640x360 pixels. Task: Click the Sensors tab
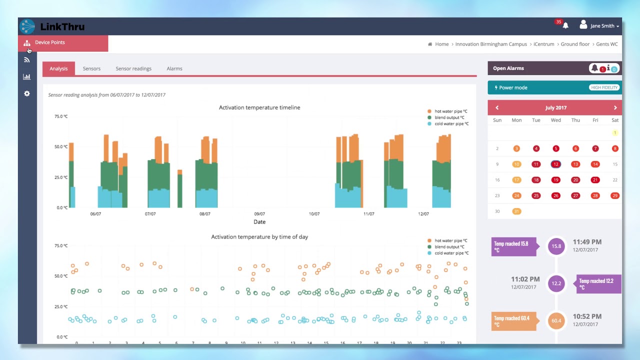point(91,68)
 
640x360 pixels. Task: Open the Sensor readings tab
point(133,68)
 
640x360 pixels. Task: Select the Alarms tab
point(174,68)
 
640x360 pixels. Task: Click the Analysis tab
point(58,68)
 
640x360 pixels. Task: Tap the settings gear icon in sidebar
point(27,93)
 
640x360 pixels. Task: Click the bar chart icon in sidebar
point(27,76)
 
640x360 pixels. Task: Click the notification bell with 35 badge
point(565,25)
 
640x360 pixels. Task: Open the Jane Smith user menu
point(599,25)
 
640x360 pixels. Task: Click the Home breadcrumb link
point(441,44)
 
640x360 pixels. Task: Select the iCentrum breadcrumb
point(544,44)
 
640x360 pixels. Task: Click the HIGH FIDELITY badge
point(604,87)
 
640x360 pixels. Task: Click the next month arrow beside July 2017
point(615,107)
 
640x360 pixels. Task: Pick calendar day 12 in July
point(555,164)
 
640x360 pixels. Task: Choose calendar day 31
point(516,211)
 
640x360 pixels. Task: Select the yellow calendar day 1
point(614,132)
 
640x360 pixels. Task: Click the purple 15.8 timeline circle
point(556,246)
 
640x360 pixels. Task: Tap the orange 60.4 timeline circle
point(556,320)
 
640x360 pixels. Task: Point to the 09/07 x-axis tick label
point(259,214)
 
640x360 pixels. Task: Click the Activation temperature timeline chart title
point(259,107)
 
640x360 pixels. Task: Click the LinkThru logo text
point(62,27)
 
